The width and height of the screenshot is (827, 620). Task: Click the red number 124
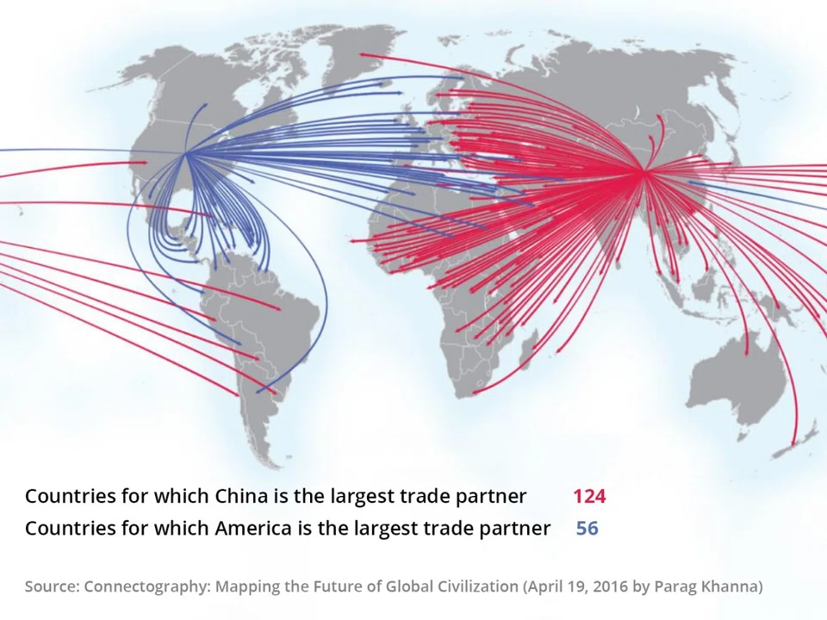point(589,496)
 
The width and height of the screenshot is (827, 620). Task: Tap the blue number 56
point(587,528)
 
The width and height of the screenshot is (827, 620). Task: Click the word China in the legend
point(240,496)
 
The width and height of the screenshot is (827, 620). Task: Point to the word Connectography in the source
point(146,586)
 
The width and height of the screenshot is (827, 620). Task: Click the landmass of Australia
point(732,379)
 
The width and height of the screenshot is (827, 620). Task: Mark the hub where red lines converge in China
point(643,173)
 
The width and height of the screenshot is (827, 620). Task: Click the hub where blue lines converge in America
point(186,154)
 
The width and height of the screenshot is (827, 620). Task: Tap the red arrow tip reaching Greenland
point(361,54)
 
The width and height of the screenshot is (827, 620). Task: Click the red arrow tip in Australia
point(746,353)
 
